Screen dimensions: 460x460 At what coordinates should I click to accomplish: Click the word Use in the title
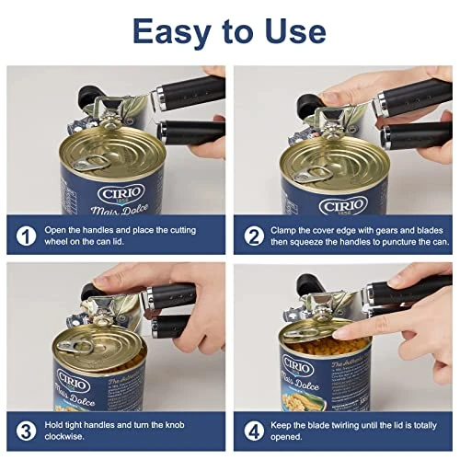(293, 30)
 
